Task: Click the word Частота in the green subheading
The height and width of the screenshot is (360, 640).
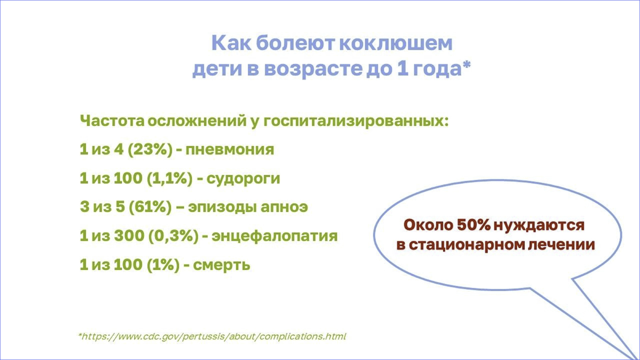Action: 112,121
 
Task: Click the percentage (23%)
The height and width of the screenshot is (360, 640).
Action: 150,149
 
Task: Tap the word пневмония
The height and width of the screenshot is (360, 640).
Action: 229,150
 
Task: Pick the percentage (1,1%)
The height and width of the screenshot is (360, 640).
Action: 170,179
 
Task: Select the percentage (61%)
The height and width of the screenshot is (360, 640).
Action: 150,207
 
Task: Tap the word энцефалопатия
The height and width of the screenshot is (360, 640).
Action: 274,236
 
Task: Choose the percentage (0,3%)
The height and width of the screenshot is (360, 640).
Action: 173,236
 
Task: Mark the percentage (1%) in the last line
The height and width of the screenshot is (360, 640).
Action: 163,265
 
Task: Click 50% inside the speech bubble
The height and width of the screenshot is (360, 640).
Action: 474,225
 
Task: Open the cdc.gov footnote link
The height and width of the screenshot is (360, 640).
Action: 212,336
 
